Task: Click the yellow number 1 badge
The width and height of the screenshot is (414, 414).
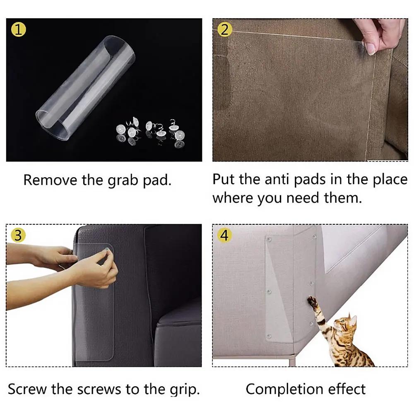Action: [x=19, y=29]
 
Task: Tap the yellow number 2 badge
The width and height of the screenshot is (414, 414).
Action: [x=225, y=29]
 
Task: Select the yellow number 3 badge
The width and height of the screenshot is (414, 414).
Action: [x=18, y=235]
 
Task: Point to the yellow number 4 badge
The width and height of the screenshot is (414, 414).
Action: [x=225, y=235]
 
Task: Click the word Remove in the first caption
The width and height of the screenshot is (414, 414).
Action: [x=50, y=180]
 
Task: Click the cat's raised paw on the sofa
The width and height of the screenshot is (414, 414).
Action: [x=312, y=301]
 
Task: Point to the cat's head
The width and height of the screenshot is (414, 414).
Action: [x=345, y=323]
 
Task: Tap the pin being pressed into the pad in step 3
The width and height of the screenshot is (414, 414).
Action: [x=106, y=249]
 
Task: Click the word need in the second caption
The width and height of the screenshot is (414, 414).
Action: [x=303, y=198]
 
